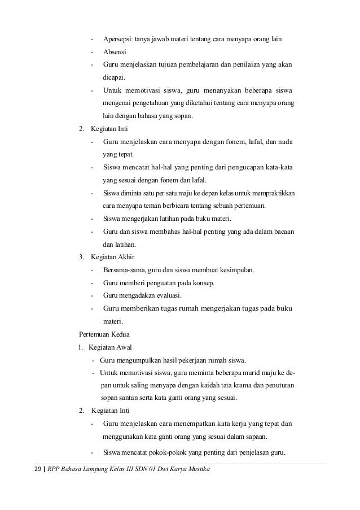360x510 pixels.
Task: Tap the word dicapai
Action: point(115,78)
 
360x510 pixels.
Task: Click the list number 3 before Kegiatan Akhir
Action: point(82,258)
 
